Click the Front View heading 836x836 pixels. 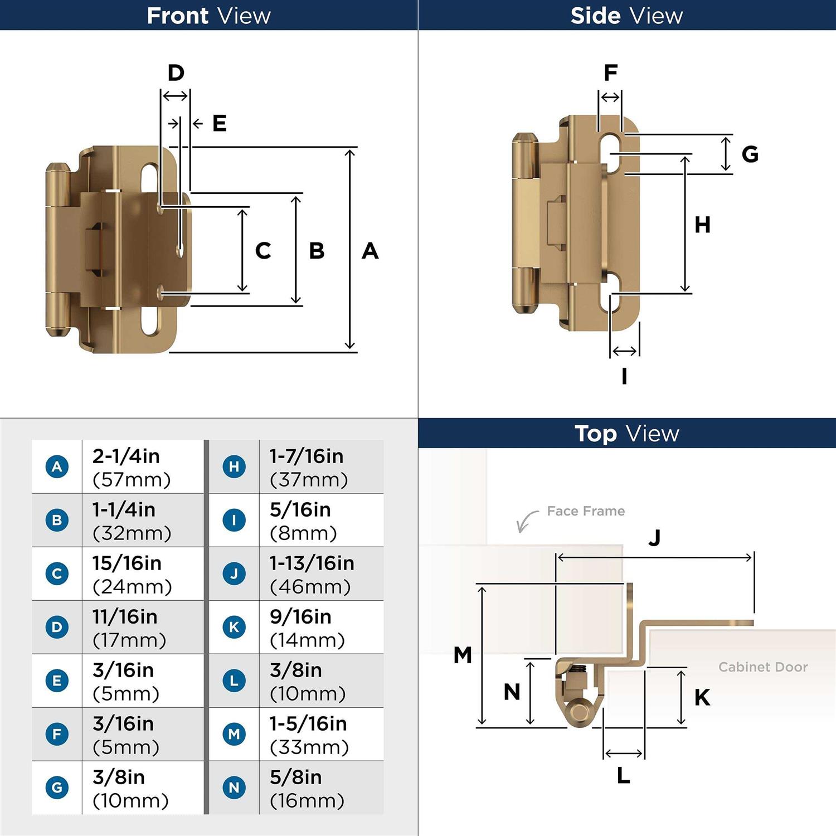point(208,16)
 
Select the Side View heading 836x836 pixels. point(626,16)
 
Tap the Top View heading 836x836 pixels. point(626,434)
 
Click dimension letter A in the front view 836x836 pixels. point(370,251)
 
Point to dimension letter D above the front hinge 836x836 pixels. point(176,73)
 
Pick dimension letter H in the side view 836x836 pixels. point(702,225)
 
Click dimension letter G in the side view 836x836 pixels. point(750,154)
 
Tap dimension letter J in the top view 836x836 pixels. point(654,538)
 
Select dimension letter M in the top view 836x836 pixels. point(463,655)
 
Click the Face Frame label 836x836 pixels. point(585,511)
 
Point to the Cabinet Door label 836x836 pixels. point(762,667)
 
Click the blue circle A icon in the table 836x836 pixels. point(57,466)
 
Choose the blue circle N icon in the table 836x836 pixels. point(234,788)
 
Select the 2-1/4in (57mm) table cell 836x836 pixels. point(143,467)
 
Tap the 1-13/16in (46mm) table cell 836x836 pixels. point(321,574)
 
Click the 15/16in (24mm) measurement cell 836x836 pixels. point(143,574)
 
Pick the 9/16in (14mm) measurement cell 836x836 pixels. point(321,628)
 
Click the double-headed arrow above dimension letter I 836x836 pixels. point(624,351)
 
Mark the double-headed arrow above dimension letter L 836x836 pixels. point(624,754)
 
